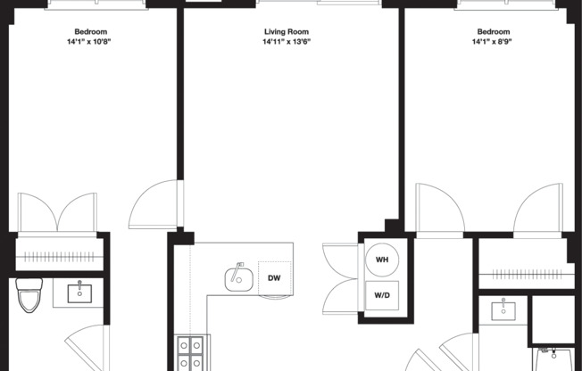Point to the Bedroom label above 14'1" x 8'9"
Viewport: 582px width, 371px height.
[490, 30]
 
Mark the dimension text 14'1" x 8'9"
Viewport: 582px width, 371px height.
[490, 40]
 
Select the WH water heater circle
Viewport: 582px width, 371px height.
[382, 259]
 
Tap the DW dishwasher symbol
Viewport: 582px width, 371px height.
[274, 277]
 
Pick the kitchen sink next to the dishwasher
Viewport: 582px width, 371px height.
[237, 276]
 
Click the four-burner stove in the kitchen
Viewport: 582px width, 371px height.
[190, 352]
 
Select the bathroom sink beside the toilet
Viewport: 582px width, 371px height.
[81, 291]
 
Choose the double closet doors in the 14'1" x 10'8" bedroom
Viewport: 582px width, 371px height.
[57, 212]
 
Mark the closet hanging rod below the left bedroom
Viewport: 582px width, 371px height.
[57, 257]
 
